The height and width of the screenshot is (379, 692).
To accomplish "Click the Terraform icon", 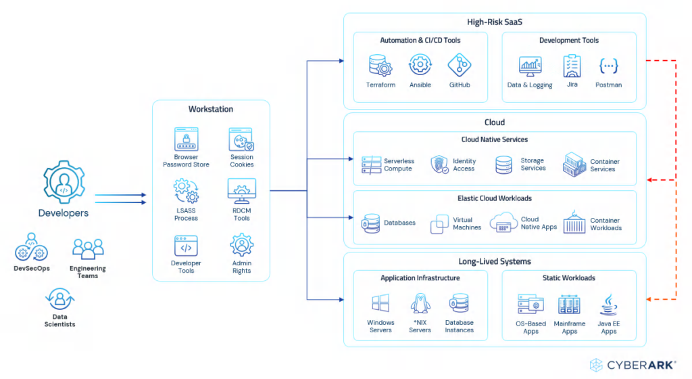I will pyautogui.click(x=380, y=66).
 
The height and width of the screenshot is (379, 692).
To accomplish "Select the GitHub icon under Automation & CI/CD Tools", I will pyautogui.click(x=460, y=66).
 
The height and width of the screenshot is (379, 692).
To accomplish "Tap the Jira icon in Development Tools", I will pyautogui.click(x=572, y=66).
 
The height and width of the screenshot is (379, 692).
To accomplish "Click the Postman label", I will pyautogui.click(x=608, y=85).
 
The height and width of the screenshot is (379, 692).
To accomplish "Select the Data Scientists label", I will pyautogui.click(x=60, y=321).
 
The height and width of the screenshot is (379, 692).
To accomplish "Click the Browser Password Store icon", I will pyautogui.click(x=186, y=139).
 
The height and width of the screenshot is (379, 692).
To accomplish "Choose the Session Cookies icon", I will pyautogui.click(x=241, y=139).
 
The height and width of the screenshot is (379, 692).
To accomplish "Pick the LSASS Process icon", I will pyautogui.click(x=186, y=192).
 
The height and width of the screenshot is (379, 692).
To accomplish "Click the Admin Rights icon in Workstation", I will pyautogui.click(x=241, y=245).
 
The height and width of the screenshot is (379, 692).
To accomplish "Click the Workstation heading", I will pyautogui.click(x=211, y=109).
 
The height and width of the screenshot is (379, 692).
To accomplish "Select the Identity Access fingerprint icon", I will pyautogui.click(x=440, y=165).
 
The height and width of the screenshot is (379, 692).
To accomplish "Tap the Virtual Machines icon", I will pyautogui.click(x=440, y=223).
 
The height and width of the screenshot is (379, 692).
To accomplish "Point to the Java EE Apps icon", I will pyautogui.click(x=609, y=305).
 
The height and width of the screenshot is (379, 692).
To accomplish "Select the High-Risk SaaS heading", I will pyautogui.click(x=495, y=22).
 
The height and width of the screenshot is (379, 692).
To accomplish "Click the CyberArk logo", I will pyautogui.click(x=632, y=365).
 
